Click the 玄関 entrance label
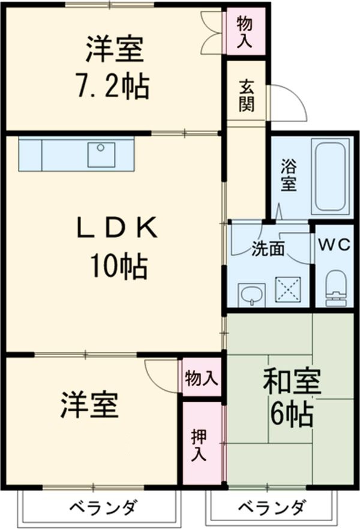click(x=247, y=96)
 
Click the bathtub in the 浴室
click(x=331, y=175)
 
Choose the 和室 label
click(x=292, y=382)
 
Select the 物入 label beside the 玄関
click(x=245, y=32)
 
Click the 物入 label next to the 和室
click(x=201, y=378)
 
